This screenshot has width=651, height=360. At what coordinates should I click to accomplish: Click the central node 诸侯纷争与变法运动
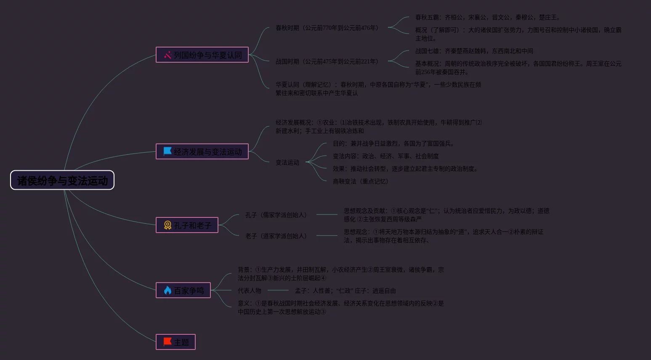tap(62, 180)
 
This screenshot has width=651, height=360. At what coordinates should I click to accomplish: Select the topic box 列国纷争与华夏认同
tap(202, 55)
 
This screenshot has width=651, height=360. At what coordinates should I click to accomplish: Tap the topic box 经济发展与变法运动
tap(202, 151)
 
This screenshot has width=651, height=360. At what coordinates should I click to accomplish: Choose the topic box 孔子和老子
tap(187, 225)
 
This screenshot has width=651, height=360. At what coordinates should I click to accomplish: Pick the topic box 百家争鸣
tap(183, 290)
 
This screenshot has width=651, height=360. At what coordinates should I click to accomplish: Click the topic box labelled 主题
tap(175, 342)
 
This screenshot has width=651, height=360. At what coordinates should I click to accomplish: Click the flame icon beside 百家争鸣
tap(167, 290)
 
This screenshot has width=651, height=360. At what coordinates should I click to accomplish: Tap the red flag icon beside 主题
tap(167, 341)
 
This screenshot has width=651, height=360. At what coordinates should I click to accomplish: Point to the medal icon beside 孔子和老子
tap(167, 225)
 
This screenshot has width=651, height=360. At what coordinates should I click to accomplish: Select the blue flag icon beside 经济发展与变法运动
tap(167, 151)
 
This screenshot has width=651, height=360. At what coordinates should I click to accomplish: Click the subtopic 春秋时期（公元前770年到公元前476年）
tap(327, 28)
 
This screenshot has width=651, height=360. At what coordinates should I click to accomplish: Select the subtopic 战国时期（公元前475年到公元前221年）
tap(327, 61)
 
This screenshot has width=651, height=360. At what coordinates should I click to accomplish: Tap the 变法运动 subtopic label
tap(287, 162)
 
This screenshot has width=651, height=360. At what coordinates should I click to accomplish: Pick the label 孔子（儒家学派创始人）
tap(276, 215)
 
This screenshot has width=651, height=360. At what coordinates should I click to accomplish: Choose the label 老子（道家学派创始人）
tap(276, 236)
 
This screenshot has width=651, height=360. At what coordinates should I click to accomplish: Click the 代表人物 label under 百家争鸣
tap(250, 291)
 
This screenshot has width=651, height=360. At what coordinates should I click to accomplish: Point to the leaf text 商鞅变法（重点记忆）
tap(361, 181)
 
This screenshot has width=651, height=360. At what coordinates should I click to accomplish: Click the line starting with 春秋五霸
tap(487, 17)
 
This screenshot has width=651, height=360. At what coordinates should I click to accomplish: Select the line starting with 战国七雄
tap(474, 51)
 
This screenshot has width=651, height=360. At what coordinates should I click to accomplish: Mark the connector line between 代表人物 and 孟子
tap(278, 291)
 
